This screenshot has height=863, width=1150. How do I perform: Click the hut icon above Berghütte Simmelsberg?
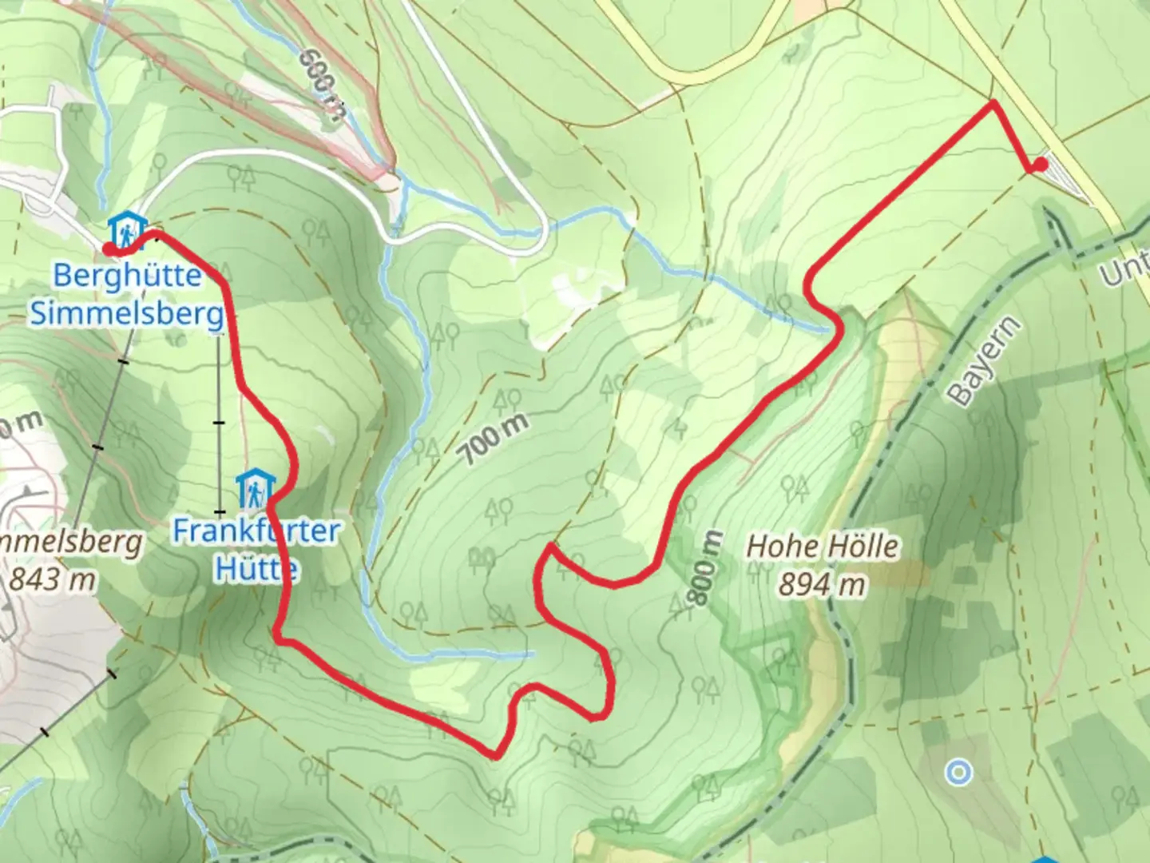[127, 229]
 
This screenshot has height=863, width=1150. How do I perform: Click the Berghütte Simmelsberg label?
[127, 295]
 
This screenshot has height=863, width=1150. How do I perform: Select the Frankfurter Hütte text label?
[256, 550]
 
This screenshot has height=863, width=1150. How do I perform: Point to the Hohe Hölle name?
[822, 547]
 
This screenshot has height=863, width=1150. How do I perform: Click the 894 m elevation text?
[822, 586]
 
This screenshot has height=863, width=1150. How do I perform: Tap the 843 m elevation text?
[52, 579]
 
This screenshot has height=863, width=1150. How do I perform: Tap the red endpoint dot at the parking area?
[1040, 165]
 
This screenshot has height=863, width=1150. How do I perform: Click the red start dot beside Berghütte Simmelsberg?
[108, 249]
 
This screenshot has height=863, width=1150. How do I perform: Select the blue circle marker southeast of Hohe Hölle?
[958, 772]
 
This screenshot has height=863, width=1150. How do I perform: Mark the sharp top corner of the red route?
[993, 103]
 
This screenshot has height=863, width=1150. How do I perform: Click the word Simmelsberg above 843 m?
[72, 543]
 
